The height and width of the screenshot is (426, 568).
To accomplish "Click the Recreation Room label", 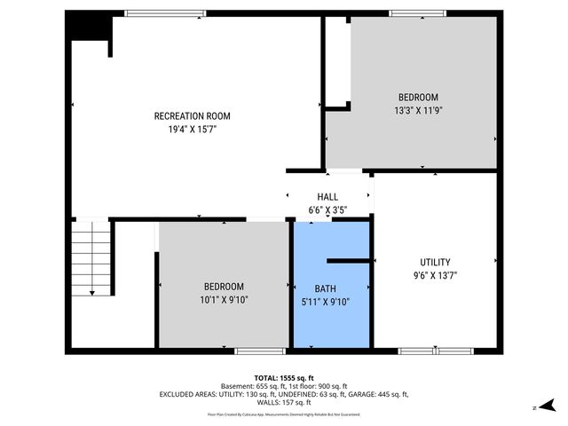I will (192, 116).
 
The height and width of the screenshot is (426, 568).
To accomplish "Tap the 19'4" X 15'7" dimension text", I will (192, 129).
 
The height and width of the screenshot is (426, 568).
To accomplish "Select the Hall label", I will (327, 197).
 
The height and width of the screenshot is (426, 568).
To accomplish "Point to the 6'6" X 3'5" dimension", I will (327, 210).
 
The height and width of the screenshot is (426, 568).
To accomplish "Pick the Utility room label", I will (435, 262).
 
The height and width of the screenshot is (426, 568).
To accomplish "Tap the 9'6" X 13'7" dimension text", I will (435, 275).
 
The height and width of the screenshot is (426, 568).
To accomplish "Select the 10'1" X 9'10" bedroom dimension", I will (224, 299).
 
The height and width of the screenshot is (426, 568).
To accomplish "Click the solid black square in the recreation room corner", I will (88, 28).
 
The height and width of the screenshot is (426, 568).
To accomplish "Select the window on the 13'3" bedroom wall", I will (417, 13).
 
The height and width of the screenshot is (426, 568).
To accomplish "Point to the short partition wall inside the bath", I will (349, 261).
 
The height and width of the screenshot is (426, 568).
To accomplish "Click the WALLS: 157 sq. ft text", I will (283, 402).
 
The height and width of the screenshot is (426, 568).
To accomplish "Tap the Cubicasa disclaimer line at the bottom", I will (283, 414).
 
